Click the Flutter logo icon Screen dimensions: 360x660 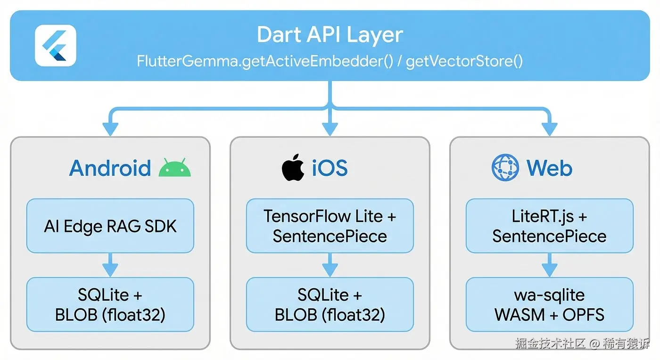coord(55,45)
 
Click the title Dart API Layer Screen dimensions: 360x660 coord(330,35)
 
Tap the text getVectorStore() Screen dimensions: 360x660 coord(464,61)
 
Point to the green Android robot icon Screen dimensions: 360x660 coord(175,168)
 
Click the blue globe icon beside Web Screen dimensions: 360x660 coord(505,168)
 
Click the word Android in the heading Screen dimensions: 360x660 coord(110,168)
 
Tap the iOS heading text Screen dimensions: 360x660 coord(330,168)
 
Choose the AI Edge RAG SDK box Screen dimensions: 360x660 coord(110,226)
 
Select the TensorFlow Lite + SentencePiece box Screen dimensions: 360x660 coord(330,226)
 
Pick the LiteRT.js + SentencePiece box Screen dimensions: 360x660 coord(549,226)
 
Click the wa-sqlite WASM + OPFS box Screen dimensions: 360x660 coord(549,304)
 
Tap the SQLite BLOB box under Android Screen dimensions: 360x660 coord(110,304)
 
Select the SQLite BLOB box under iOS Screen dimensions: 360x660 coord(330,304)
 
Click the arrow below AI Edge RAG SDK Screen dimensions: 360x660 coord(110,265)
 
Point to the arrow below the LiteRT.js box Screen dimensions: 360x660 coord(549,265)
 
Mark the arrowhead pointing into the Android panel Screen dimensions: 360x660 coord(110,129)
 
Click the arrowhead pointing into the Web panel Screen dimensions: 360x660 coord(549,129)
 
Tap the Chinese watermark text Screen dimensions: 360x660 coord(582,343)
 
